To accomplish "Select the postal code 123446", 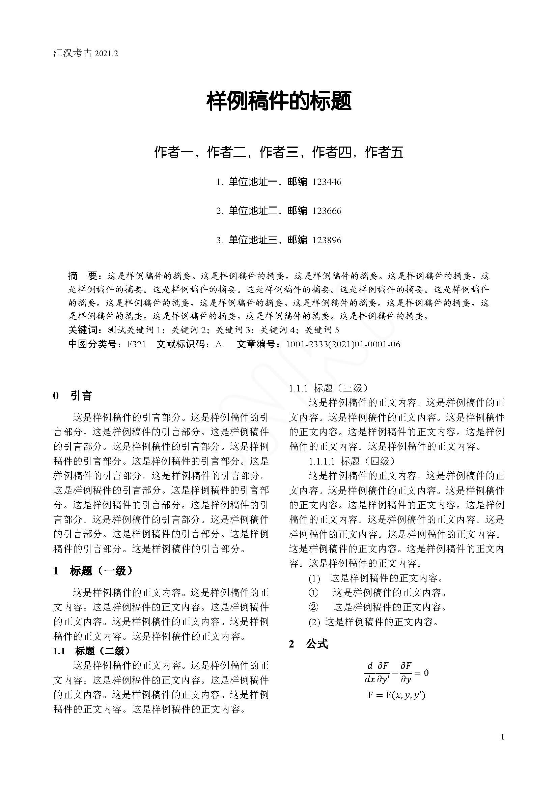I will pyautogui.click(x=327, y=182).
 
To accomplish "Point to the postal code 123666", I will pyautogui.click(x=327, y=211).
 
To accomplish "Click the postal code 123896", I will pyautogui.click(x=327, y=240).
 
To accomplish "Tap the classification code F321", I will pyautogui.click(x=136, y=344).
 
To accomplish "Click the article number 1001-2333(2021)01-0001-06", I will pyautogui.click(x=343, y=344).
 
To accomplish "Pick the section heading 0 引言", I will pyautogui.click(x=73, y=396).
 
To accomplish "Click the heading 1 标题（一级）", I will pyautogui.click(x=93, y=571).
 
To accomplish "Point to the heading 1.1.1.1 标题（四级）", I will pyautogui.click(x=352, y=461).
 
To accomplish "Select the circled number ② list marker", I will pyautogui.click(x=313, y=607).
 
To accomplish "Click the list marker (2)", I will pyautogui.click(x=314, y=622).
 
